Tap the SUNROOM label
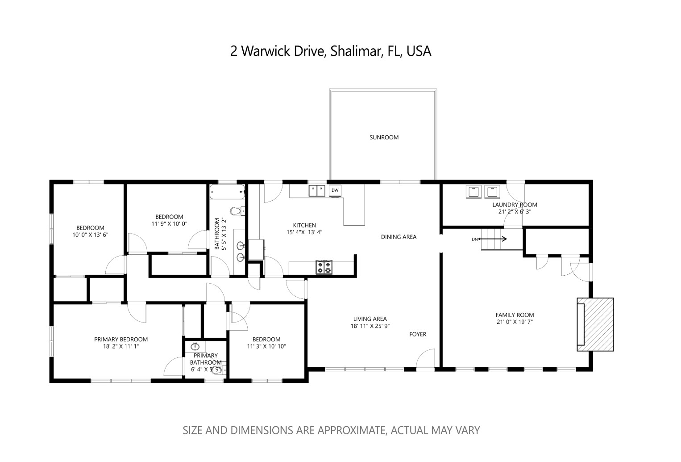tap(384, 137)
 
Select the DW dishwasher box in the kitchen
tap(335, 190)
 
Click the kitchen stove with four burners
tap(324, 267)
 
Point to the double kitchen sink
tap(317, 190)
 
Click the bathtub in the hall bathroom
tap(227, 192)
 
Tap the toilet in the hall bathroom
tap(236, 210)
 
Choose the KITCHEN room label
tap(304, 225)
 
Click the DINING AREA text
tap(399, 237)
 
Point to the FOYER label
tap(418, 334)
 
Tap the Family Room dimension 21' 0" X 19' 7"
tap(515, 322)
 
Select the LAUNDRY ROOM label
tap(515, 205)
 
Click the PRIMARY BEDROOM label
tap(120, 339)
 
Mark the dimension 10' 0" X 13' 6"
tap(90, 235)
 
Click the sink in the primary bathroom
tap(195, 346)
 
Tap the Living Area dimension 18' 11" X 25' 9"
tap(370, 326)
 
